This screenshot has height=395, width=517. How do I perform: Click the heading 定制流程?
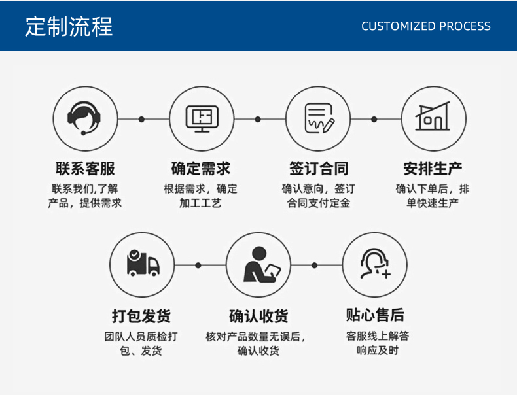pos(69,26)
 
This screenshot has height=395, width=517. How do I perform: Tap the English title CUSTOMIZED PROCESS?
pos(425,26)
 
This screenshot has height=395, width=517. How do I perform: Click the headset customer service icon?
pos(84,118)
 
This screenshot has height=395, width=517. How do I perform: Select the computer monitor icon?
pos(202,118)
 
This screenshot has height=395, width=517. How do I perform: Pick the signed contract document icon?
pos(319,118)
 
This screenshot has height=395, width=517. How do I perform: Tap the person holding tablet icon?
pos(262,264)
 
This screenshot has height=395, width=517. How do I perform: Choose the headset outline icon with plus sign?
pos(375,264)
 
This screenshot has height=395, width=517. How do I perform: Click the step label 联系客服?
pos(85,169)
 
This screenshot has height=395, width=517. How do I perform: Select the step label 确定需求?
pos(200,169)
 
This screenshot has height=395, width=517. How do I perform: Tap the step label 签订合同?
pos(319,169)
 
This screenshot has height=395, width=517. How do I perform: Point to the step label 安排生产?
pos(433,169)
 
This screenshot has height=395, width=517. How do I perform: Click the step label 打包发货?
pos(141,316)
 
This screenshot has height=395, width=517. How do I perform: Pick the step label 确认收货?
pos(258,316)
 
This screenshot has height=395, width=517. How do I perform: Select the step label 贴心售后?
pos(375,315)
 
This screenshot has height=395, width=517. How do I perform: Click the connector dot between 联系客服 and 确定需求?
pos(141,119)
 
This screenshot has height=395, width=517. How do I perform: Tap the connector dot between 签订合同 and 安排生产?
pos(374,119)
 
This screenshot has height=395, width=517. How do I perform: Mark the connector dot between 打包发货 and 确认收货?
pos(198,266)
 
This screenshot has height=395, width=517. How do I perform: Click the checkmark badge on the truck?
pos(134,254)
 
